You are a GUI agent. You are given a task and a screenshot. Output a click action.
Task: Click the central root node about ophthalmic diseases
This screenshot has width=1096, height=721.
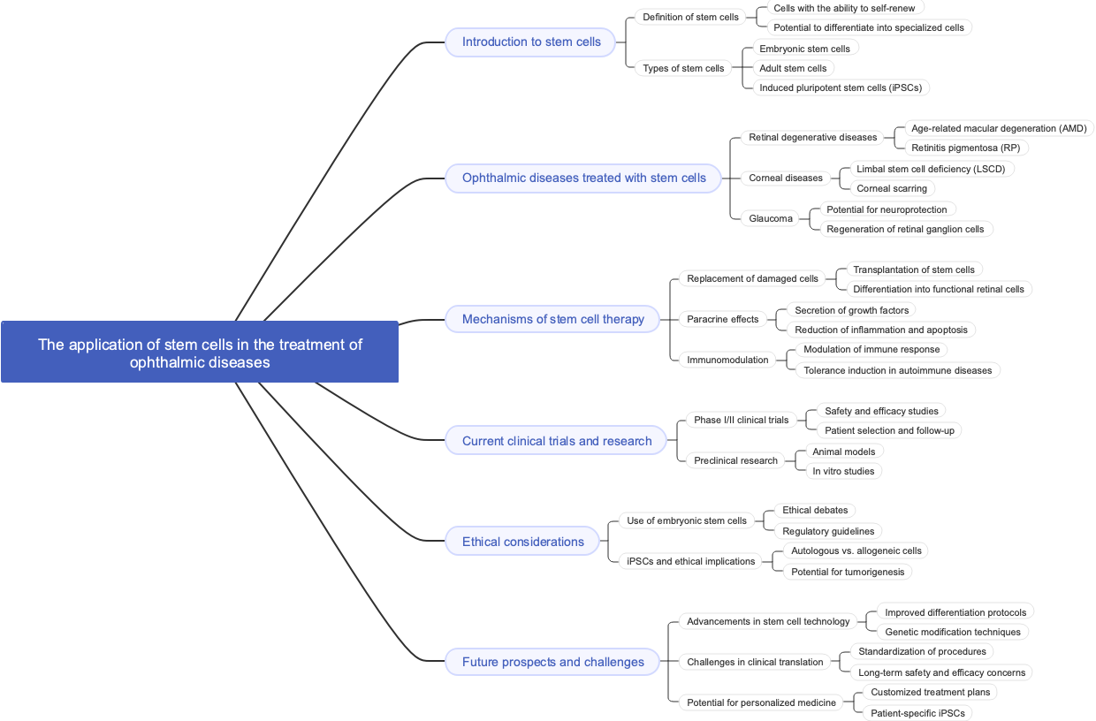(200, 353)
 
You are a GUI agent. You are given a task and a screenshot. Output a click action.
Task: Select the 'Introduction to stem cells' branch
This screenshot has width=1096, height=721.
(530, 42)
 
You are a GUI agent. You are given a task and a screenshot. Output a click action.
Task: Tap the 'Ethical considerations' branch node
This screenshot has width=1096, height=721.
(522, 542)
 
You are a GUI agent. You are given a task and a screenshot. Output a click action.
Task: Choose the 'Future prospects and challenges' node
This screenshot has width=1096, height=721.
(552, 662)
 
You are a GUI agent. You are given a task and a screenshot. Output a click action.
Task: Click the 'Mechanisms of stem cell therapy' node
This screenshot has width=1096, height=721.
(552, 319)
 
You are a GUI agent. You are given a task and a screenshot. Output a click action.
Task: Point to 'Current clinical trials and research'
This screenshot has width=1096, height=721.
(556, 441)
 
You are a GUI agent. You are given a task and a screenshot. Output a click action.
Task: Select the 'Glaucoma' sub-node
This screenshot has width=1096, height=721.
(771, 218)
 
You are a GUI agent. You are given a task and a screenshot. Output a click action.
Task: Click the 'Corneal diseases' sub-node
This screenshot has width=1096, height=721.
(785, 178)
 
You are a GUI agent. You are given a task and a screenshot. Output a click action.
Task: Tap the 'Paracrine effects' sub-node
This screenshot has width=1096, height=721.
(722, 319)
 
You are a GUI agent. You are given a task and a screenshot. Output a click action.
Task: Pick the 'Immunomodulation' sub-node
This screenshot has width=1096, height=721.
(727, 360)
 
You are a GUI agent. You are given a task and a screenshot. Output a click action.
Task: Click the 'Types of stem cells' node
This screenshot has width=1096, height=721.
(683, 68)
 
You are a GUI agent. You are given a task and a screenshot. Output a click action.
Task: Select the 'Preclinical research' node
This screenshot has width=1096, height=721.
(735, 460)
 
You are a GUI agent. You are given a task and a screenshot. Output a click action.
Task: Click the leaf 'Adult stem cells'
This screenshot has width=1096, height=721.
(793, 68)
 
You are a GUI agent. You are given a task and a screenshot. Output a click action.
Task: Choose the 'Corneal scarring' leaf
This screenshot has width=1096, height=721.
(891, 188)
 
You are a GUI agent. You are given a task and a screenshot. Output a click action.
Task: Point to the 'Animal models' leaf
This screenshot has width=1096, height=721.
(843, 452)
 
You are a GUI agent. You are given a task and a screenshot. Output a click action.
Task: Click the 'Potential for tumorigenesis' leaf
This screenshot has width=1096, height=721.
(847, 572)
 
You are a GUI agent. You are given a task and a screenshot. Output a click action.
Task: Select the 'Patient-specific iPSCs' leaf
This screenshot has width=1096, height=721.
(917, 713)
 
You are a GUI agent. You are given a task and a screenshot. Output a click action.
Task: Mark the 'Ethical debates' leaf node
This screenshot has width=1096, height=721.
(814, 510)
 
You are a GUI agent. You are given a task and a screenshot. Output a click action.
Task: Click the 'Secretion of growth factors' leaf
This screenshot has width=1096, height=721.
(851, 310)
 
